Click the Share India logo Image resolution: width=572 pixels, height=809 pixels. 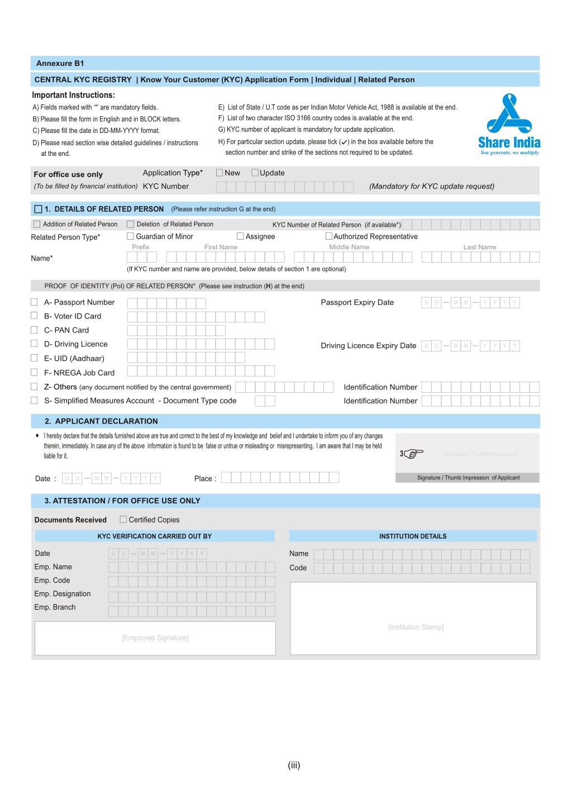509,124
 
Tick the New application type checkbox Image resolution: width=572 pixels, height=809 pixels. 220,173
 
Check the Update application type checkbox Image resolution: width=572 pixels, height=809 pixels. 255,173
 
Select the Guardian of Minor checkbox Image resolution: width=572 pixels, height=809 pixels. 130,236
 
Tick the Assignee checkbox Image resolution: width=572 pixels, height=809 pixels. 240,236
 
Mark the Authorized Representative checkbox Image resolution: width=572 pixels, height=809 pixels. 329,236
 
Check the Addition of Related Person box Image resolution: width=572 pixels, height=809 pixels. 37,224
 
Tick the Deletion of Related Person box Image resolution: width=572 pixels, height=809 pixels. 131,224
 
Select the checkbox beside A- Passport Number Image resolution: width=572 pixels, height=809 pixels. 34,302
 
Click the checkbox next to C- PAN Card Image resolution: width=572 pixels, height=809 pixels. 34,330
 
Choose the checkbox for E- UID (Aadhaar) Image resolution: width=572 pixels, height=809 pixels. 34,358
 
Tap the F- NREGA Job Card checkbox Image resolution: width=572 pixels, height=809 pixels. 34,372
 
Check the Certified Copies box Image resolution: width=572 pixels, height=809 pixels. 123,519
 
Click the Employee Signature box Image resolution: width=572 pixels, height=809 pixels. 155,638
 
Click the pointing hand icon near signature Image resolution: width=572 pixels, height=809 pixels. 412,453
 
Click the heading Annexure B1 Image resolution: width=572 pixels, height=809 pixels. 60,63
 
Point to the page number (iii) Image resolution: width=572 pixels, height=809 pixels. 294,765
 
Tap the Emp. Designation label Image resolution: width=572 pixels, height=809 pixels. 63,594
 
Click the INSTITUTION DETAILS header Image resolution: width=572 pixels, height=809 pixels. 413,536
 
